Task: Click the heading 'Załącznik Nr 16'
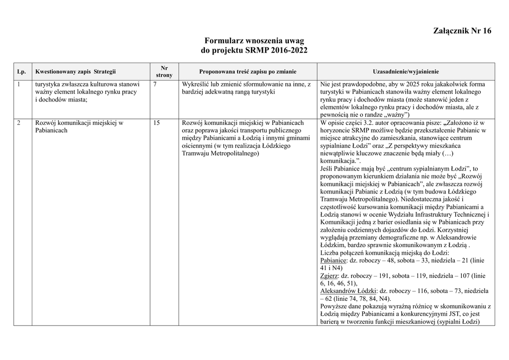click(x=462, y=31)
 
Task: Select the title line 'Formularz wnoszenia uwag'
click(x=254, y=40)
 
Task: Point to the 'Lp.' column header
click(x=21, y=72)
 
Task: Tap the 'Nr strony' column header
click(x=165, y=71)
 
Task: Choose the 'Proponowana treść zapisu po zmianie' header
click(x=248, y=72)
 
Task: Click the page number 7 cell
click(x=156, y=84)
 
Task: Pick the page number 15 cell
click(x=157, y=123)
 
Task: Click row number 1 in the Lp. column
click(x=19, y=84)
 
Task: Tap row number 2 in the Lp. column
click(x=19, y=123)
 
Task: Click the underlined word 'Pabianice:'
click(x=334, y=260)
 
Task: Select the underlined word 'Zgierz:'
click(x=329, y=275)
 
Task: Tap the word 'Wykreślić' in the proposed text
click(x=196, y=84)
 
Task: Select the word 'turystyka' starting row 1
click(x=49, y=84)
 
